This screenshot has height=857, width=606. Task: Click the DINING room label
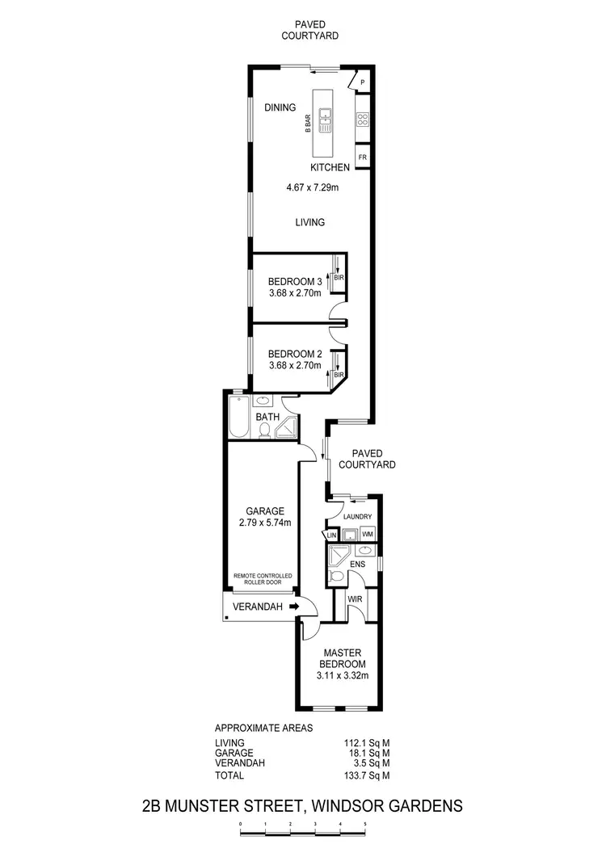(280, 107)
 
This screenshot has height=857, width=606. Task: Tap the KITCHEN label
(330, 168)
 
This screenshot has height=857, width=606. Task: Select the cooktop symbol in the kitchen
(362, 120)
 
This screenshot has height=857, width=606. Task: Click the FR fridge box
(362, 156)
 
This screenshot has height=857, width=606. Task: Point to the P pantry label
(363, 82)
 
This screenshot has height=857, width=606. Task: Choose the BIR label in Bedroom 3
(339, 278)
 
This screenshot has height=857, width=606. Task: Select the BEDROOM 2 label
(295, 354)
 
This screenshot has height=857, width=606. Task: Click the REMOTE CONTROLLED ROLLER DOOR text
(263, 579)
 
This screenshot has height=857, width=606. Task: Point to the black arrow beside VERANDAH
(293, 607)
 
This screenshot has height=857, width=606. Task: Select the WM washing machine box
(367, 534)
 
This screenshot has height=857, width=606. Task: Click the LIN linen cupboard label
(330, 536)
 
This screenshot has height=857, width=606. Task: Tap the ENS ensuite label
(357, 564)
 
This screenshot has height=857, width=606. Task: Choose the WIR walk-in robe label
(354, 600)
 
